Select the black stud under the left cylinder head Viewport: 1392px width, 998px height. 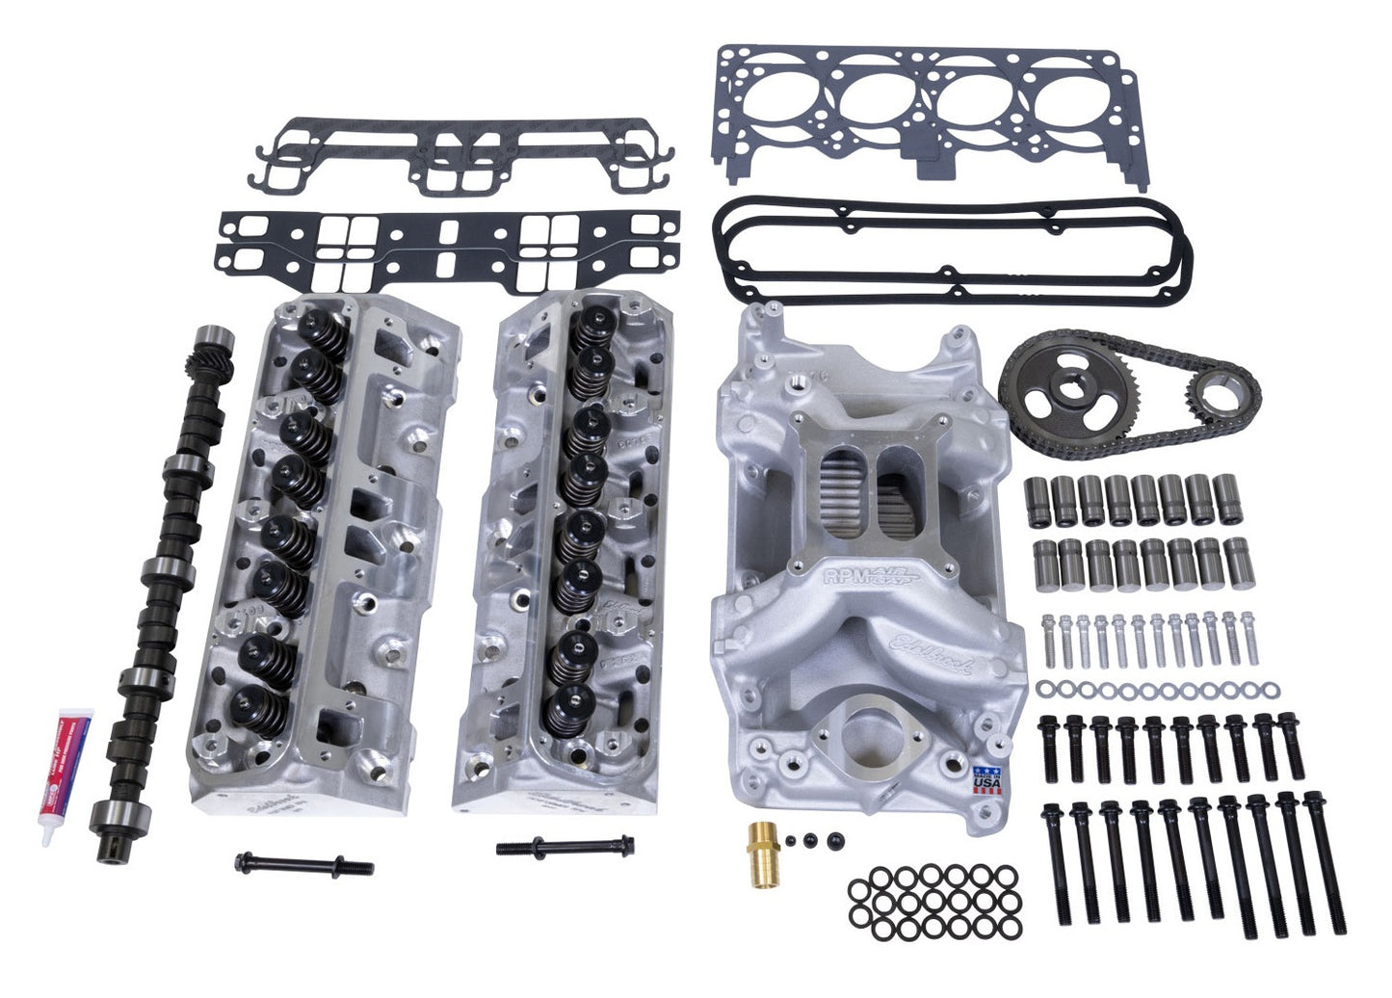click(x=302, y=863)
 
